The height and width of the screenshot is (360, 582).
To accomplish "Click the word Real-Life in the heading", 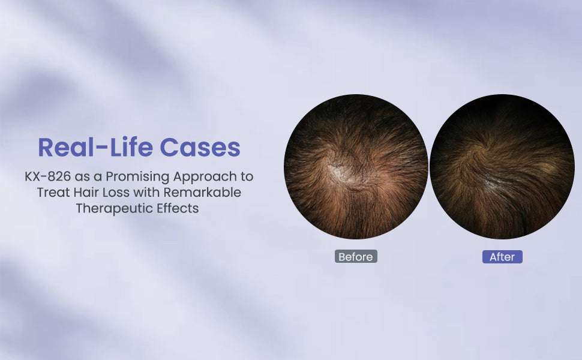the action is click(96, 147).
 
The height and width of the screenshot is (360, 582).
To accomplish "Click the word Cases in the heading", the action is click(200, 147).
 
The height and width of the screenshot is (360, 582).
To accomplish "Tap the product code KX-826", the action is click(48, 176).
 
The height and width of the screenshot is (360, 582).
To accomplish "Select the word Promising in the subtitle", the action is click(138, 176).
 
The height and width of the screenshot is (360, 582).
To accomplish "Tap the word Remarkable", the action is click(202, 192).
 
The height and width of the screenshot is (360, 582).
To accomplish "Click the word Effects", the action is click(178, 208).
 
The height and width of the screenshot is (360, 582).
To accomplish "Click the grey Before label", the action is click(356, 256).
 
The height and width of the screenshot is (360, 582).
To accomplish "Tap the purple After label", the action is click(502, 257).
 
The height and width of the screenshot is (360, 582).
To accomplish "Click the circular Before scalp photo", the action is click(356, 167).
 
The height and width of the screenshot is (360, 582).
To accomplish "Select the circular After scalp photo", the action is click(502, 167).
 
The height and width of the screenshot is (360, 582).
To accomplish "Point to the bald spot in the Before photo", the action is click(341, 173).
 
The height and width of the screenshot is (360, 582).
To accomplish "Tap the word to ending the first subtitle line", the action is click(247, 177).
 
